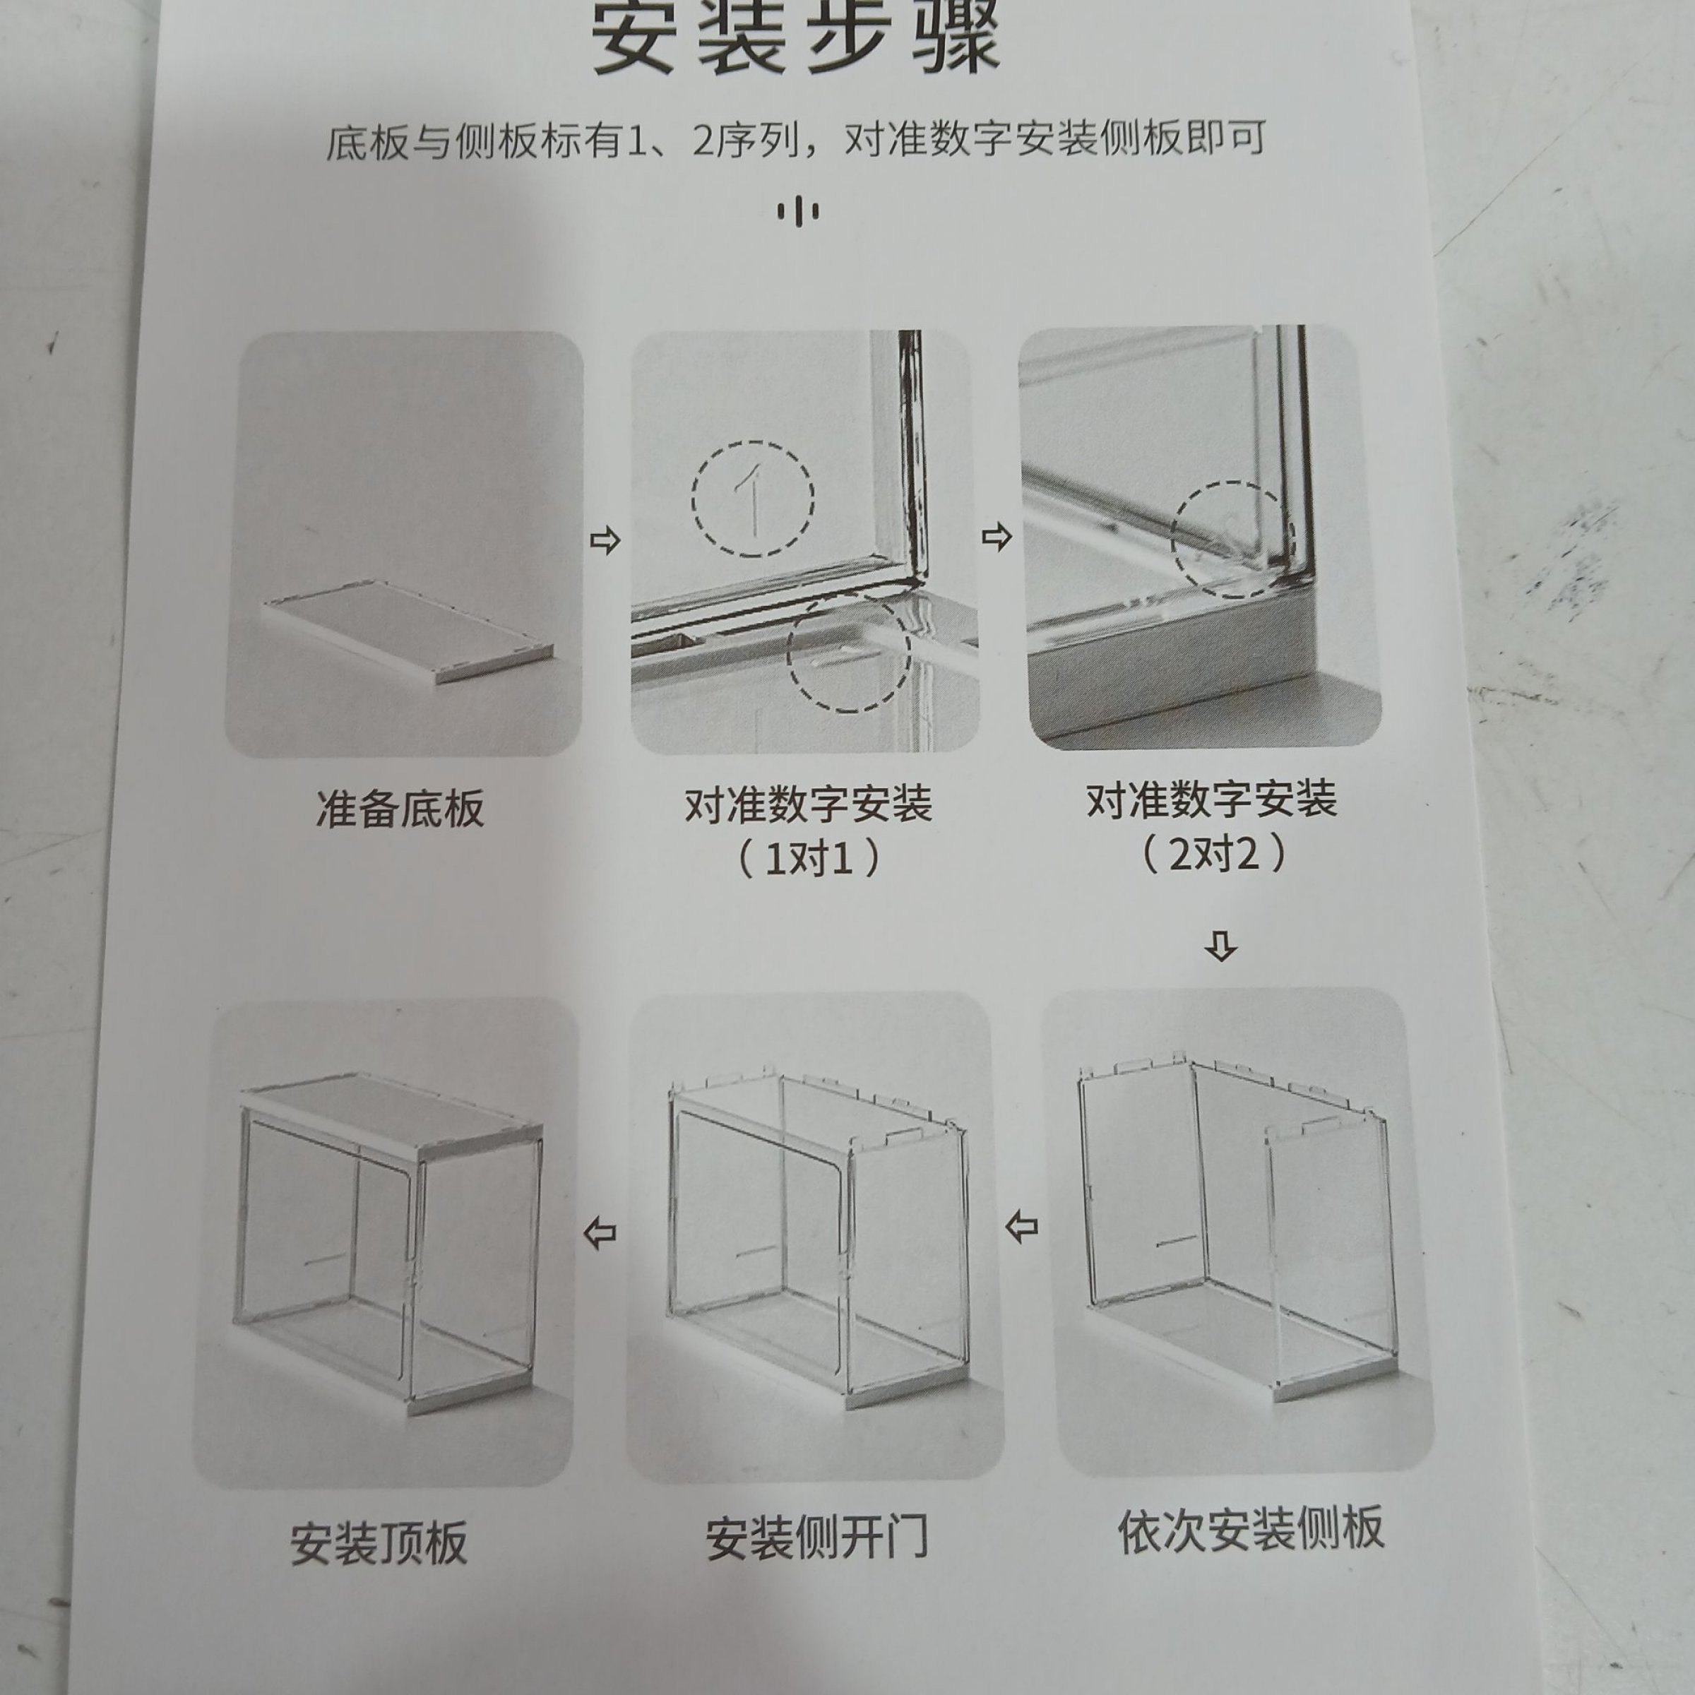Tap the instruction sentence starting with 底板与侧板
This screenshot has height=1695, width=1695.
coord(797,141)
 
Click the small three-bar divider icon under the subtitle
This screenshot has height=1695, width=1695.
coord(798,211)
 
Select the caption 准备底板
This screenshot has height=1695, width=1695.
coord(399,808)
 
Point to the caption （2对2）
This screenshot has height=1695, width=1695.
coord(1213,852)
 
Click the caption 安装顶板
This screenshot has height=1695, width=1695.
coord(379,1543)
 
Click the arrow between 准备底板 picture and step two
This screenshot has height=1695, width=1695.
coord(605,540)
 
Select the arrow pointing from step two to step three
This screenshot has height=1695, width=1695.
coord(996,537)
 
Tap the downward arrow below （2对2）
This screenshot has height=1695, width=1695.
coord(1222,946)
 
